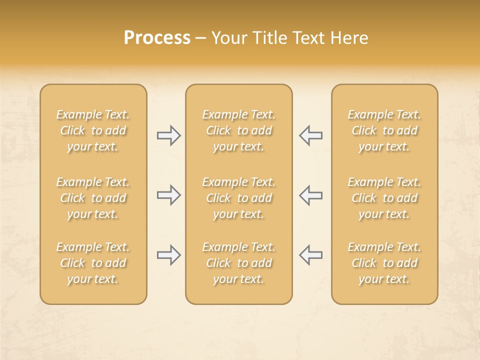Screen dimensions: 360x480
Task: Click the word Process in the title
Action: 157,38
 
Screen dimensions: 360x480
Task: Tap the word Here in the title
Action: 349,38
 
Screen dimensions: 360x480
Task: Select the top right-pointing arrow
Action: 169,135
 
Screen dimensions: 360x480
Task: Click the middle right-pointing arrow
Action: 169,195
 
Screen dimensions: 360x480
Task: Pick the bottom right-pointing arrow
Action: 169,255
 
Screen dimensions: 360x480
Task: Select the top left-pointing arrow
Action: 310,135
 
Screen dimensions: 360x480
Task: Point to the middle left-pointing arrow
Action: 310,195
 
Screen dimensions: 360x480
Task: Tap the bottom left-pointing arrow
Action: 310,255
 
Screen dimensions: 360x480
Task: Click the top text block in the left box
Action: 93,130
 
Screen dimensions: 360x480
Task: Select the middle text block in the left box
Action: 93,198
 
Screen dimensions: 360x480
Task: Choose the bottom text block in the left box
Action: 93,263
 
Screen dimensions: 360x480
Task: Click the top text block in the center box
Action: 238,130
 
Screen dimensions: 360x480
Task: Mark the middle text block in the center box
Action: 238,198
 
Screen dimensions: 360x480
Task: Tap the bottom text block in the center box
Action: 238,263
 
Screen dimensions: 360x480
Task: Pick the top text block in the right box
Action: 384,130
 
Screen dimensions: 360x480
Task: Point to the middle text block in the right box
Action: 384,198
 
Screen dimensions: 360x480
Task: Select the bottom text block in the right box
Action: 384,263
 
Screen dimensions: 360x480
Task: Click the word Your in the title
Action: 229,38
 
